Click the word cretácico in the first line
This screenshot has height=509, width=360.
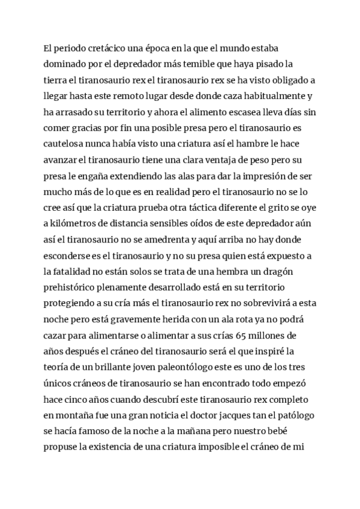pos(100,49)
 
